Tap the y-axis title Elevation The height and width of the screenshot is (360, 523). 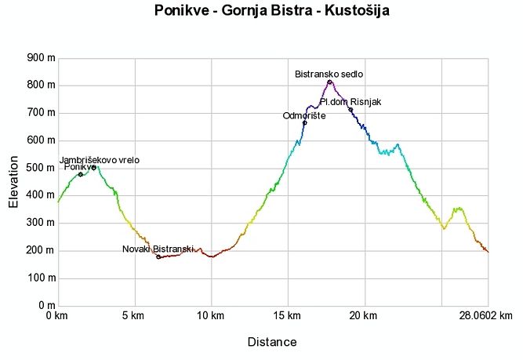click(x=13, y=181)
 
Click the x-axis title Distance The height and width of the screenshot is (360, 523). click(x=272, y=342)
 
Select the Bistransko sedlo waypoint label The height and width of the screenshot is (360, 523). click(x=329, y=74)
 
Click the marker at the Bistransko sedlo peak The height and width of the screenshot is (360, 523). click(x=329, y=82)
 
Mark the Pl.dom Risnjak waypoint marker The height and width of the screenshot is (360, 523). click(x=350, y=110)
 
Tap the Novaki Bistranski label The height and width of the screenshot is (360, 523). click(x=158, y=249)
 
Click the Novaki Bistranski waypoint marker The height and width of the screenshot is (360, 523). click(x=158, y=256)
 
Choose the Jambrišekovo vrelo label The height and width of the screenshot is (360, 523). click(x=99, y=159)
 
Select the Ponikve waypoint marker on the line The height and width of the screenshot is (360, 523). click(x=80, y=174)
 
